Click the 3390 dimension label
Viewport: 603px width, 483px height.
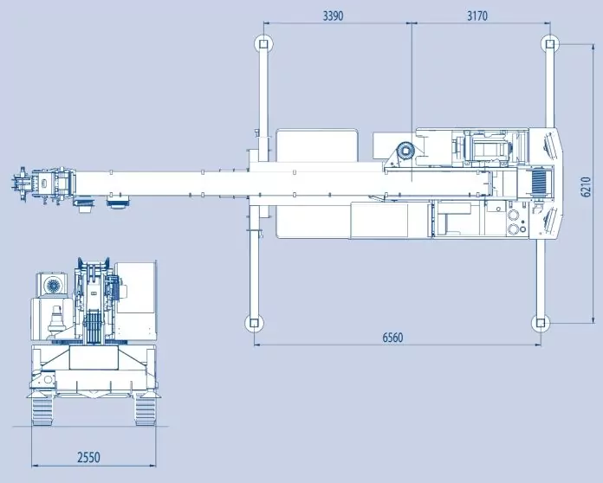tap(337, 16)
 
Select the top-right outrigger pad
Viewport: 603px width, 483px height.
tap(548, 43)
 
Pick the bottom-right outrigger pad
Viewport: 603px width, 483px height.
tap(540, 323)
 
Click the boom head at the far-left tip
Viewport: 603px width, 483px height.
tap(23, 184)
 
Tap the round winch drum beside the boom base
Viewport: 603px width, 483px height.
tap(405, 151)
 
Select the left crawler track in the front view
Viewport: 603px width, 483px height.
tap(43, 410)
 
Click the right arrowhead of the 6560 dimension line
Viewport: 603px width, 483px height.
tap(538, 345)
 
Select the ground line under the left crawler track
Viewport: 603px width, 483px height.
tap(43, 426)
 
